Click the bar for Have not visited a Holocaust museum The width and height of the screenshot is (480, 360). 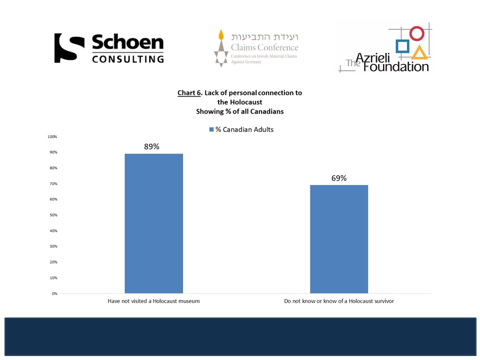click(x=153, y=223)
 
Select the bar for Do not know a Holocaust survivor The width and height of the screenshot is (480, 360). click(x=339, y=239)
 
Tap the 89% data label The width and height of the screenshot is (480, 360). click(x=151, y=146)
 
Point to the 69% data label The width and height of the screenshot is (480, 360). click(x=338, y=178)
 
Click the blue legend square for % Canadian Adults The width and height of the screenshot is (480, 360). click(x=211, y=129)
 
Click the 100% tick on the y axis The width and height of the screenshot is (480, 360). click(x=52, y=136)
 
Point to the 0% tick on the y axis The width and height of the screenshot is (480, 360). click(x=53, y=293)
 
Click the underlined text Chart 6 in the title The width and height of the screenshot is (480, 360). click(x=189, y=93)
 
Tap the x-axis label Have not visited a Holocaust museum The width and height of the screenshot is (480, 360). click(x=153, y=301)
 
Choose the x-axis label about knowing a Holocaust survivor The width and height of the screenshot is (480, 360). click(x=339, y=301)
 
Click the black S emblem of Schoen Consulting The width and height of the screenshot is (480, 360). click(x=69, y=48)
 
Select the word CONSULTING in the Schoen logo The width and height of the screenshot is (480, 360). click(x=128, y=59)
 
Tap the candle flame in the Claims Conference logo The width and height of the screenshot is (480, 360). click(x=219, y=35)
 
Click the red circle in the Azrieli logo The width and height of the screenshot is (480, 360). click(x=416, y=33)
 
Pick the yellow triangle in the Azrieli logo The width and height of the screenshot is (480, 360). click(x=419, y=52)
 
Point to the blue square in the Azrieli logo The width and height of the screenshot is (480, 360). click(x=402, y=46)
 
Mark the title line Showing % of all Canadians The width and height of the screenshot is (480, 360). click(x=239, y=111)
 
